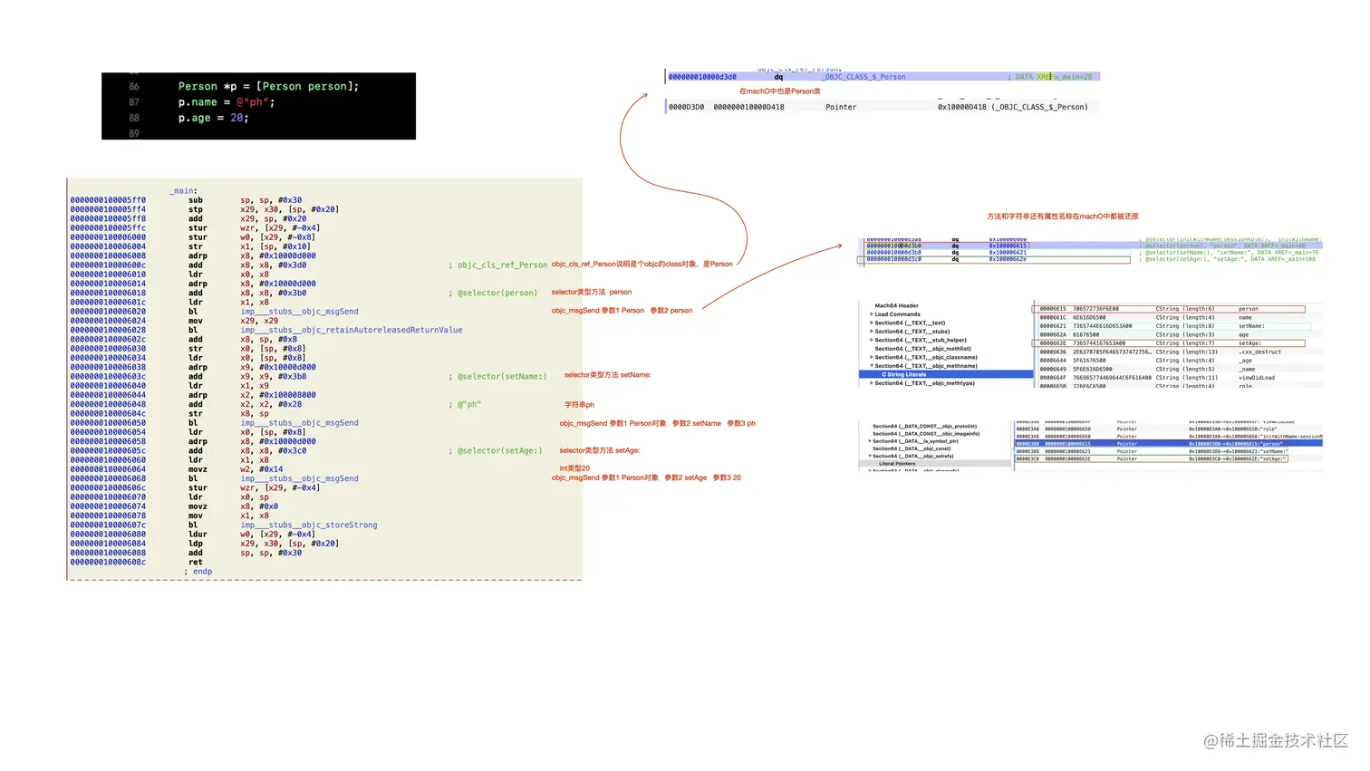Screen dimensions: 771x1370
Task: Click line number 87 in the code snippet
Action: pos(134,102)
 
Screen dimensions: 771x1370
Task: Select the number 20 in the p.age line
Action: pos(236,118)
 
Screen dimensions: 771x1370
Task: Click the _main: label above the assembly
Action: pos(183,191)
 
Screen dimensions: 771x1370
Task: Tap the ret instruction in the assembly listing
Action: pos(196,563)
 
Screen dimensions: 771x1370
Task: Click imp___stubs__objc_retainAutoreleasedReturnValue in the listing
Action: pos(352,330)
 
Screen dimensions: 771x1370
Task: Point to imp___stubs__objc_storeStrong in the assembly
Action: pos(309,525)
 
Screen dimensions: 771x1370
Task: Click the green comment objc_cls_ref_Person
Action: pos(501,265)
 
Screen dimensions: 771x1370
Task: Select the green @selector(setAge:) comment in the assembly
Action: pos(499,451)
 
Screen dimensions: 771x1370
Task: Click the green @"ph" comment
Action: pos(468,405)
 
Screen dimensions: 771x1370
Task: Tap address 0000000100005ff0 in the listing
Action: pos(108,200)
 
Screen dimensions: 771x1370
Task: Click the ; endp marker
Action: pos(199,572)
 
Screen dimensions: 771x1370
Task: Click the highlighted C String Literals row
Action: pos(903,374)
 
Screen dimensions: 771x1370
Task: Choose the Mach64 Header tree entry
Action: pos(896,306)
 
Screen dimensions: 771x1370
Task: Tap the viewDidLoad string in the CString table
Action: pos(1257,378)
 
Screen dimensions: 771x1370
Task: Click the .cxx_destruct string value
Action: pos(1259,352)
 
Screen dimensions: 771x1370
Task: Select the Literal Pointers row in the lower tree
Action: pos(897,464)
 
